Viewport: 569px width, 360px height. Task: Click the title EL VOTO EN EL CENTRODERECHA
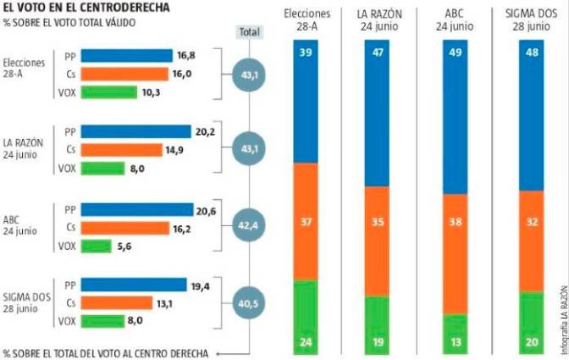click(86, 7)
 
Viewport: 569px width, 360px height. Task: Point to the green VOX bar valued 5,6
click(98, 246)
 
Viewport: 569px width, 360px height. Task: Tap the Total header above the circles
click(248, 31)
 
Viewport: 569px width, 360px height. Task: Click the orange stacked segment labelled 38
click(455, 254)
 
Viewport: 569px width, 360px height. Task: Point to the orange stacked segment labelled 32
click(530, 241)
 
